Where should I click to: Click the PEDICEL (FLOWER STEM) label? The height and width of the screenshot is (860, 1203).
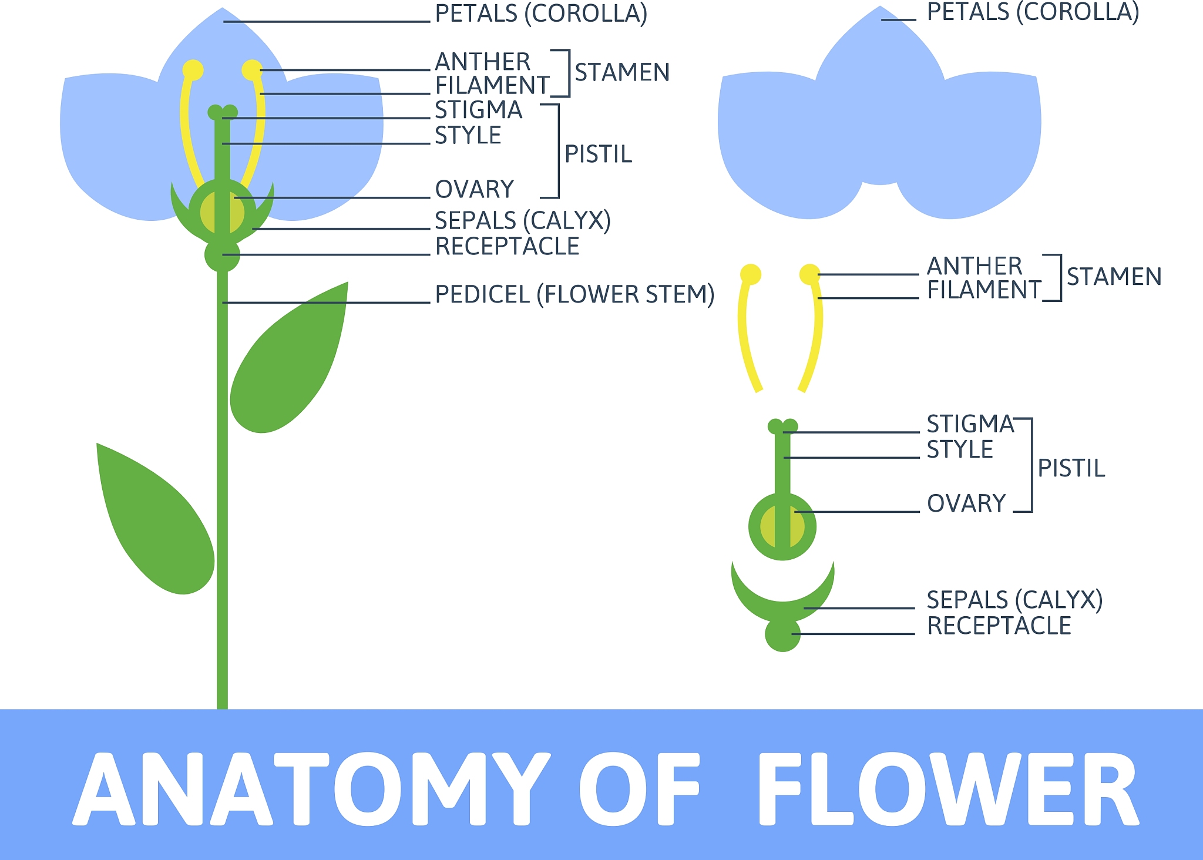[574, 294]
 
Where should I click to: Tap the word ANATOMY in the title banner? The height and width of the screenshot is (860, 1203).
[311, 789]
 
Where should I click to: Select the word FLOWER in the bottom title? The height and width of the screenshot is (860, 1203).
[949, 789]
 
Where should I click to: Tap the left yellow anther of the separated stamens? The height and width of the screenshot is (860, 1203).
[750, 274]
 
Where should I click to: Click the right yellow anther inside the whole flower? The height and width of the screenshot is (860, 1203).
[252, 70]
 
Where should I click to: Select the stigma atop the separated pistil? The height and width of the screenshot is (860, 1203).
[782, 426]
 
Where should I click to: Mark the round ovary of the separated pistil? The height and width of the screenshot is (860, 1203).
[782, 527]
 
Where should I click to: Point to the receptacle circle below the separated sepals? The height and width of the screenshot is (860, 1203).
[782, 634]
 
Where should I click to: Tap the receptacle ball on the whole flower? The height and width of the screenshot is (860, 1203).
[222, 255]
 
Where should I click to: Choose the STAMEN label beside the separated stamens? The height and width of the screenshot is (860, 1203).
[1114, 277]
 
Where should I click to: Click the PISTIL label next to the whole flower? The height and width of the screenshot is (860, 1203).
[598, 154]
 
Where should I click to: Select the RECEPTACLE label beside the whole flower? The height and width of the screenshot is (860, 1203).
[507, 246]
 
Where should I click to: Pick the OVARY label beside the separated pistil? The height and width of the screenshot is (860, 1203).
[966, 503]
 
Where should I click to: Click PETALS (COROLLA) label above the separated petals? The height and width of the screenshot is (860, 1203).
[1033, 12]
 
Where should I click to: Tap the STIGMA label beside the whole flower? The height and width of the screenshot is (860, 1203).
[478, 110]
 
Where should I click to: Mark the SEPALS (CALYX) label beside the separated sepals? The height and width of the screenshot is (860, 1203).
[1014, 600]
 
